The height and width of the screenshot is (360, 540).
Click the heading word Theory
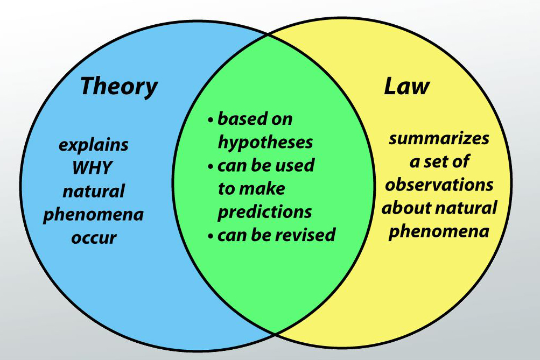tap(119, 86)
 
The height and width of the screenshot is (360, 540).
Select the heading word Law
tap(406, 86)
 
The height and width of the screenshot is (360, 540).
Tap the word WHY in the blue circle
tap(93, 168)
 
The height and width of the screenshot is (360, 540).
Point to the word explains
tap(94, 145)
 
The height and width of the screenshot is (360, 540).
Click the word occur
tap(94, 237)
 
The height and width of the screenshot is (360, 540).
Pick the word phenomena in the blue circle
tap(93, 215)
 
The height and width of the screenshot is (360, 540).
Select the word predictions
tap(264, 211)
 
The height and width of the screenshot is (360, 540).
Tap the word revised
tap(308, 235)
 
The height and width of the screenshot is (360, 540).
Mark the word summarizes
tap(439, 138)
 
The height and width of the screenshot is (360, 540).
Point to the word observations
tap(439, 185)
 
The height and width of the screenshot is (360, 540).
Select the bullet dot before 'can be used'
tap(211, 166)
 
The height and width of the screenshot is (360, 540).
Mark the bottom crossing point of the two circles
tap(276, 333)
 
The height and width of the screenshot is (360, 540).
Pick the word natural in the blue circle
tap(94, 191)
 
